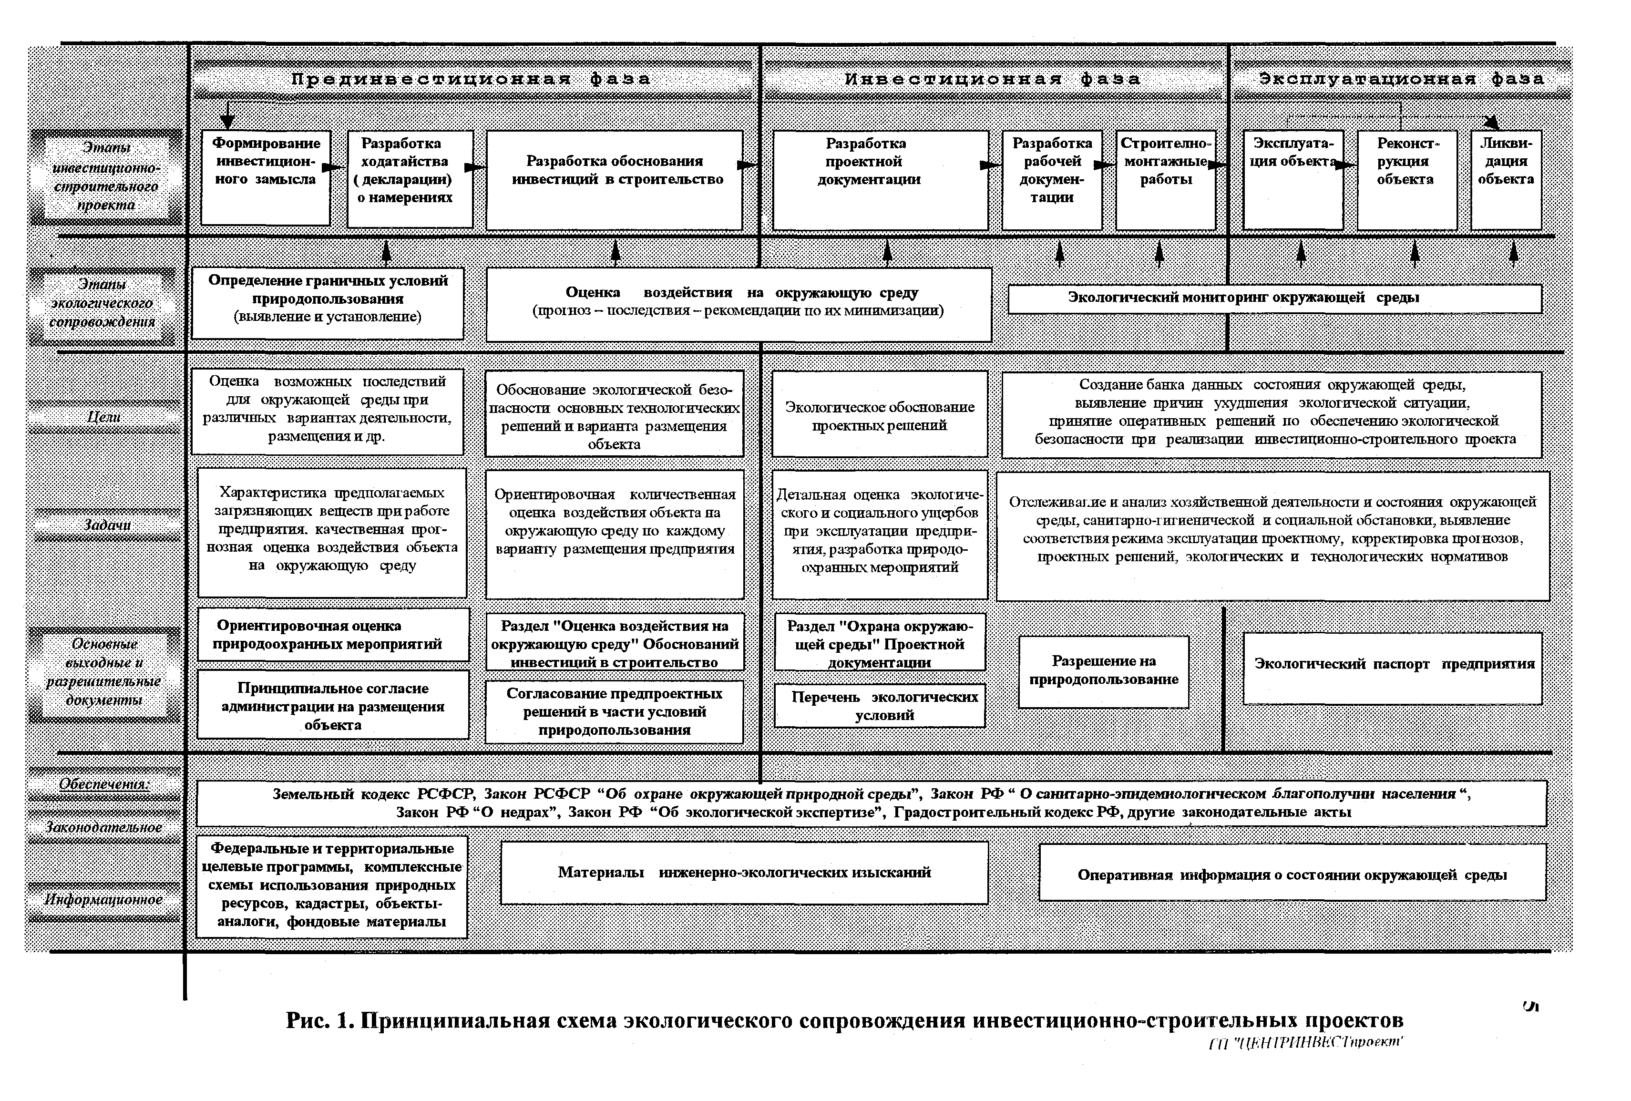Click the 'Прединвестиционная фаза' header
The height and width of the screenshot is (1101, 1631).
click(472, 79)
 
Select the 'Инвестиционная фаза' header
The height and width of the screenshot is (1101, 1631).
click(992, 79)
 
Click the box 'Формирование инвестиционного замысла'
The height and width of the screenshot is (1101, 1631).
click(266, 177)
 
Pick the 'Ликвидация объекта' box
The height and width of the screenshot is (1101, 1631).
click(1506, 179)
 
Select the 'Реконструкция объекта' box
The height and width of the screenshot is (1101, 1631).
click(1405, 179)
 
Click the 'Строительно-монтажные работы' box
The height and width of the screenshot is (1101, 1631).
click(1165, 179)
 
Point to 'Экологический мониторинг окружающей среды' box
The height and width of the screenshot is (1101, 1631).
click(1274, 298)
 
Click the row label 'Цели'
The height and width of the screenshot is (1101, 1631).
click(104, 417)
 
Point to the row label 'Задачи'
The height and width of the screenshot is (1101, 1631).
click(107, 525)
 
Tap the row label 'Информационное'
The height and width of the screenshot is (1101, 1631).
click(104, 900)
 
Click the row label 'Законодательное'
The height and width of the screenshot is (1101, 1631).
click(104, 827)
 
